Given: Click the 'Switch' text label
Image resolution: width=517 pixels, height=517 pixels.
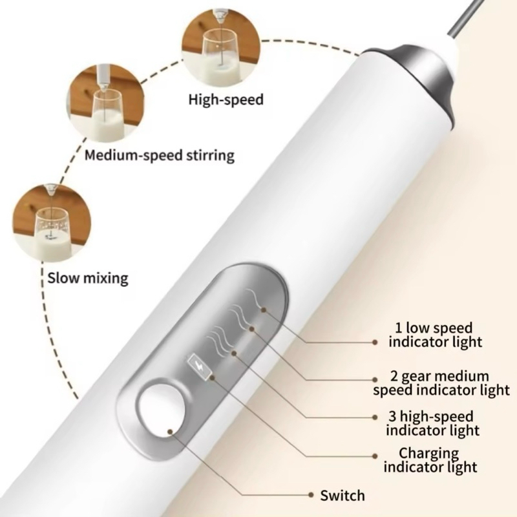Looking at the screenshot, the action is point(343,496).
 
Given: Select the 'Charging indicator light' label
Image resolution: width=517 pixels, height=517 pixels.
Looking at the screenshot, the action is point(430,459).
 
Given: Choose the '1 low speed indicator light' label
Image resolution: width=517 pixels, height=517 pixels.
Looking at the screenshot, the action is point(435,335).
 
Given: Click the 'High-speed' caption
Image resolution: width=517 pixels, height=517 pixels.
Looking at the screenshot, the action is point(226,100).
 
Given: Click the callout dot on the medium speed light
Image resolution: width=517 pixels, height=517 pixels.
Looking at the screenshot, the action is point(250,330).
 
